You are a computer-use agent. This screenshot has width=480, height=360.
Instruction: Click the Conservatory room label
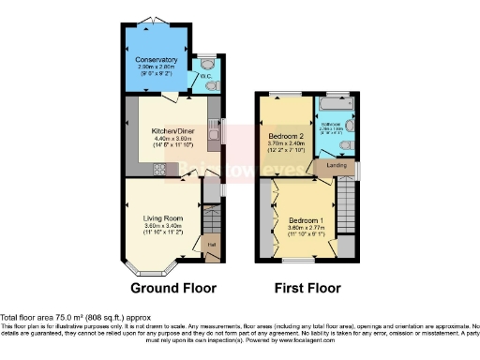tap(156, 61)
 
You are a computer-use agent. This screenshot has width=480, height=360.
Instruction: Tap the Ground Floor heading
tap(173, 288)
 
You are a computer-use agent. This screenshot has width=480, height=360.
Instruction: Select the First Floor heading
tap(307, 288)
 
